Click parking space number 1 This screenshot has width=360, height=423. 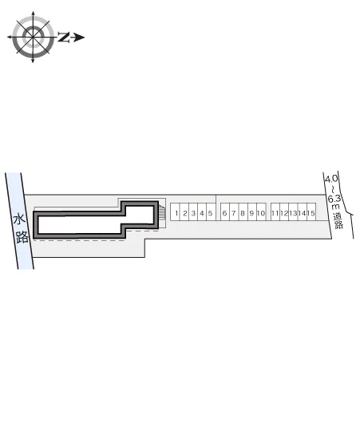[175, 212]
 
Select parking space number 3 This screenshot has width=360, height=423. [193, 212]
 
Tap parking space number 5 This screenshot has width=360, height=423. [211, 212]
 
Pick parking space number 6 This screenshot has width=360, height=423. [225, 212]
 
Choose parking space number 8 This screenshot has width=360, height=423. [243, 212]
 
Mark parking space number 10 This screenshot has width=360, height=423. [261, 212]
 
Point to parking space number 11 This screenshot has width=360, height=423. [275, 212]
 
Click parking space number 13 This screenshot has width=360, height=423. [293, 212]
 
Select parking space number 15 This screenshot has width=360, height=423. [311, 212]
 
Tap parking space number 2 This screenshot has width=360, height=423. [184, 212]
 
